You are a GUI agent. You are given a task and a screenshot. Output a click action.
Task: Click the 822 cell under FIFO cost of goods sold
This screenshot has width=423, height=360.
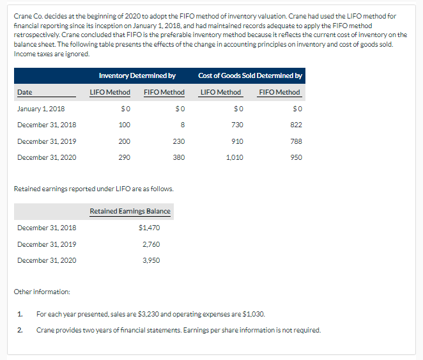[296, 125]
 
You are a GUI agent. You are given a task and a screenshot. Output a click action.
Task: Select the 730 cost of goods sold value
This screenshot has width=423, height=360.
[237, 125]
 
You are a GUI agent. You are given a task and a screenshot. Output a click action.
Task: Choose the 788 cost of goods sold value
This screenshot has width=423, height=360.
[296, 141]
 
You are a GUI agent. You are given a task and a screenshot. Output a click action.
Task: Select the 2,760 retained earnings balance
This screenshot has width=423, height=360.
[151, 244]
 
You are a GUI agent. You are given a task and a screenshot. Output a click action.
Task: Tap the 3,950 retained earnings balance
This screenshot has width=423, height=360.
[151, 260]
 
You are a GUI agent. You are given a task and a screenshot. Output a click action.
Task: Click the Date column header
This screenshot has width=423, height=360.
[24, 92]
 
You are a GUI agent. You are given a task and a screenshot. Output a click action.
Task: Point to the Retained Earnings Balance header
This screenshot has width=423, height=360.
[130, 212]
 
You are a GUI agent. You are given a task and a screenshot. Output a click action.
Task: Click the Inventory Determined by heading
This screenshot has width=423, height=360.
[137, 76]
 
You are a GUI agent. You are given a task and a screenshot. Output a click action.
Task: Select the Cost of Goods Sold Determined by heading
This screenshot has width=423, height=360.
[250, 76]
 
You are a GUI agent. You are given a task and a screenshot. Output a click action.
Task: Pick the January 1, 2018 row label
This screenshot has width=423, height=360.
[41, 109]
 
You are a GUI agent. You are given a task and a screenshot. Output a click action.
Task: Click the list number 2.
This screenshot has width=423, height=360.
[20, 330]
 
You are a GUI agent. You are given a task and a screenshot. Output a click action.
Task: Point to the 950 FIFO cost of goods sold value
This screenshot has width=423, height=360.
[296, 157]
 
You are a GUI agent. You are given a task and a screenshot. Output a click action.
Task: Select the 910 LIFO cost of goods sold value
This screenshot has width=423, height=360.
[237, 141]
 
